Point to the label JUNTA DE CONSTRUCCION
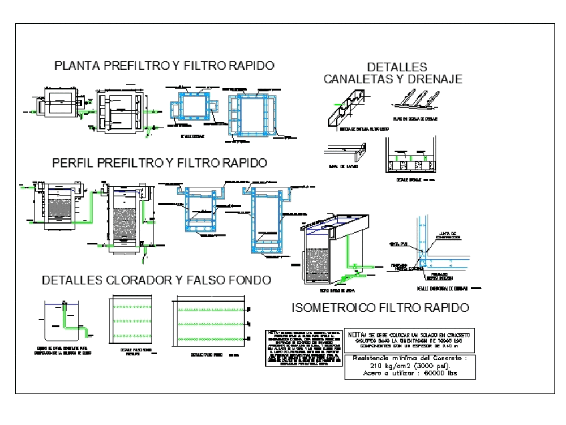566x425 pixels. [448, 234]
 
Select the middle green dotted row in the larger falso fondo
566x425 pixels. [212, 324]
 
